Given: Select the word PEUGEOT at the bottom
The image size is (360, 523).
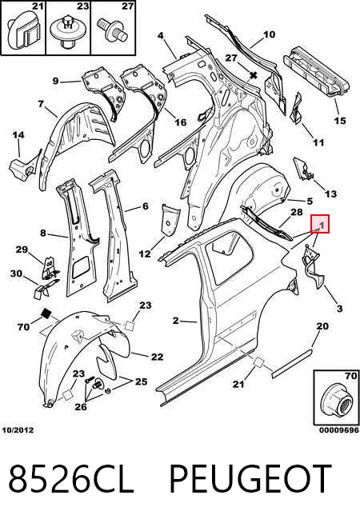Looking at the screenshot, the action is click(250, 479).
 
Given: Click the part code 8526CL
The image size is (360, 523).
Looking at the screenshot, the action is click(71, 479).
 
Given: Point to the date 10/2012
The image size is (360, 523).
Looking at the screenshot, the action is click(18, 430).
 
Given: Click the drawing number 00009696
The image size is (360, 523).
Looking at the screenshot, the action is click(339, 430).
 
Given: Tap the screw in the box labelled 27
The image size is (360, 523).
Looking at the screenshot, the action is click(112, 30).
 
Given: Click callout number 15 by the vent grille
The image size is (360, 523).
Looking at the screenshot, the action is click(340, 121).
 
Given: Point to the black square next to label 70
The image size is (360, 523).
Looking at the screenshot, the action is click(46, 313).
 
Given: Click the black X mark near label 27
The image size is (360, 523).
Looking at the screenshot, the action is click(254, 75).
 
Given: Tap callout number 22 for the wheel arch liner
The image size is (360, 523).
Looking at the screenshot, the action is click(157, 357).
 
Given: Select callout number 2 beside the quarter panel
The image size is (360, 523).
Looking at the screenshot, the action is click(176, 321).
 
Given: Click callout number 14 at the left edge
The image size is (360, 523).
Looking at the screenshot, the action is click(18, 135).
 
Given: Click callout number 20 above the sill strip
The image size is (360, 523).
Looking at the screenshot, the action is click(322, 325).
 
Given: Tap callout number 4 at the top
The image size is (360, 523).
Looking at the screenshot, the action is click(161, 35).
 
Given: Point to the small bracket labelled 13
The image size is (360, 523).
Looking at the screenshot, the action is click(303, 169).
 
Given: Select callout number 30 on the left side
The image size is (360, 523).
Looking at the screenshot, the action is click(16, 273).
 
